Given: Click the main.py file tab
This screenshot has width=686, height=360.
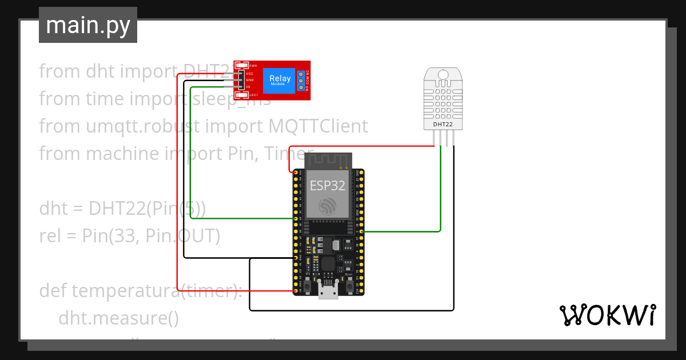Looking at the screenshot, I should [x=87, y=26].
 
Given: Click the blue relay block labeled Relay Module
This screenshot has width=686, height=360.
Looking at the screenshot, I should [x=280, y=81].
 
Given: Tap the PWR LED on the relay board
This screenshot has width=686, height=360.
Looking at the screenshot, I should [x=239, y=66].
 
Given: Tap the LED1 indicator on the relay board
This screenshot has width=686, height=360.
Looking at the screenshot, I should [x=239, y=94].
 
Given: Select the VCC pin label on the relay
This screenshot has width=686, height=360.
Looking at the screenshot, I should [x=250, y=73].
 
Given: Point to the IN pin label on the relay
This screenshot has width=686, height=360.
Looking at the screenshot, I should [x=249, y=87].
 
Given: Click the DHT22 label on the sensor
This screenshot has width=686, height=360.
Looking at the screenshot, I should [x=443, y=123].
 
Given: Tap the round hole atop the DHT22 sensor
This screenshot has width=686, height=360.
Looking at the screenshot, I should [x=443, y=74].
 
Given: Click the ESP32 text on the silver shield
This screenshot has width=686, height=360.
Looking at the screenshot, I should [x=327, y=186].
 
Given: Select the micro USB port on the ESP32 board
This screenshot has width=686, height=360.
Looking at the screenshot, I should [x=328, y=293].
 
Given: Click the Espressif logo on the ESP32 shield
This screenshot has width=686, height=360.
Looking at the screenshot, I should [x=327, y=207].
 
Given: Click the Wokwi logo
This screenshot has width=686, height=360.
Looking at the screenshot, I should [x=607, y=315].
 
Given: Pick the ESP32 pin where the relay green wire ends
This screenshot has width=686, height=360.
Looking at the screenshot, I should [x=296, y=218].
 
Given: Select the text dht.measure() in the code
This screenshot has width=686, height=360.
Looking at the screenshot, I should [x=118, y=318].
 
